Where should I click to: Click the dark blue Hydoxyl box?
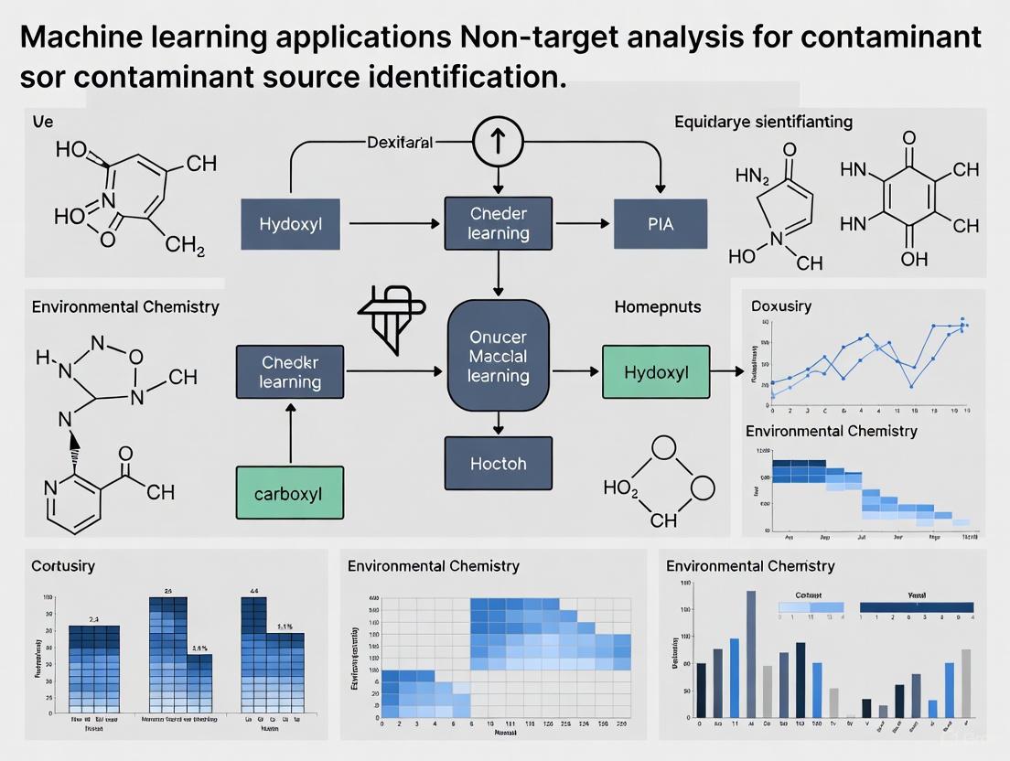pos(290,223)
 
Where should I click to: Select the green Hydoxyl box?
pos(655,371)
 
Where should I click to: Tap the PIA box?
pos(660,223)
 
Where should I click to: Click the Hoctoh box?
pos(498,463)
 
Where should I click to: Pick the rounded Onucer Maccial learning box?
pos(498,355)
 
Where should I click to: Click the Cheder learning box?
pos(498,223)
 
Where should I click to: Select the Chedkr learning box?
pos(289,371)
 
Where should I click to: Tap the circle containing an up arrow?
pos(498,142)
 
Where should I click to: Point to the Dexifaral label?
pos(399,143)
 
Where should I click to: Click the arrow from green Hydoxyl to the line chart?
pos(727,371)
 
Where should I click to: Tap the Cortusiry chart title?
pos(63,566)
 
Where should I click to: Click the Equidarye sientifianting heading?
pos(763,122)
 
